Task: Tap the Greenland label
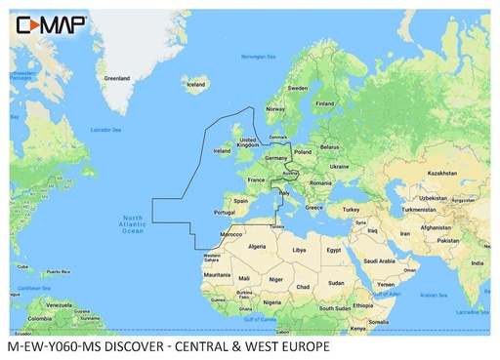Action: pos(117,78)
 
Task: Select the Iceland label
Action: pos(196,85)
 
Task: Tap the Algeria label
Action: pos(258,247)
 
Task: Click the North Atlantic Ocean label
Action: pos(133,223)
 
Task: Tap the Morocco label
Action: pos(230,235)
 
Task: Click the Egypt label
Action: pos(334,250)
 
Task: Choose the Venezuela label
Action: pos(67,305)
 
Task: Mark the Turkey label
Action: pos(352,209)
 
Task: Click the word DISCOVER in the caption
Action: pos(139,347)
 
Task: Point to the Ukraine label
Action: pos(339,166)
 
